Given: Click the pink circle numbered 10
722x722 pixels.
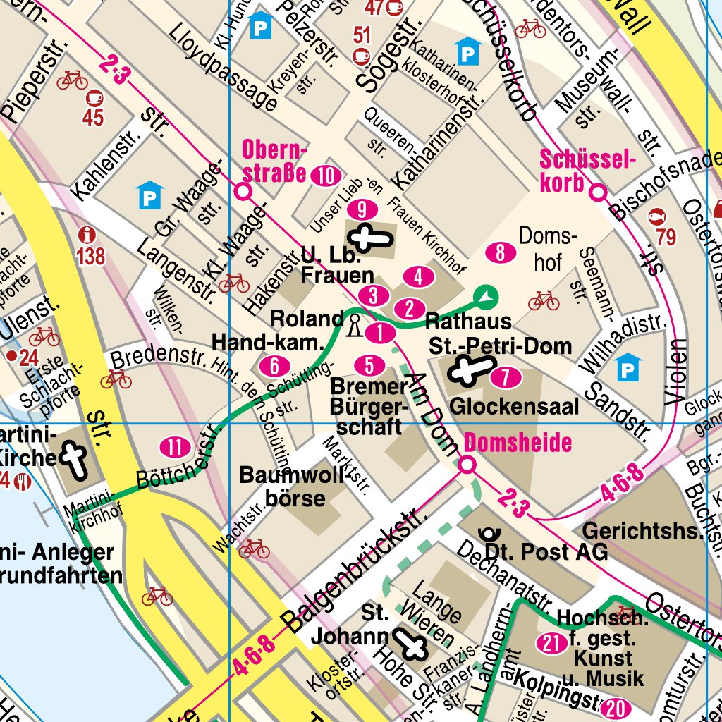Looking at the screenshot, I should coord(325,176).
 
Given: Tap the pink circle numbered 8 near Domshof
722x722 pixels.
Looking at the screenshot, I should coord(500,252).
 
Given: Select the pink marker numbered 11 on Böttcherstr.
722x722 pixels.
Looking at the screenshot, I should coord(175,446).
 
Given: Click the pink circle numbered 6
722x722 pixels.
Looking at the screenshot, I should coord(274,366).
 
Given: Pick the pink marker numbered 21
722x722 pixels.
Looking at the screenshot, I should coord(551,642).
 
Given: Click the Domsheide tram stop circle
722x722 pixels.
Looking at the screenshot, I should coord(467,465).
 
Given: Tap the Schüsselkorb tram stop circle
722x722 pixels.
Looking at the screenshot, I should coord(599,192).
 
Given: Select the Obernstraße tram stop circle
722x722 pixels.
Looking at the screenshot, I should coord(243,191).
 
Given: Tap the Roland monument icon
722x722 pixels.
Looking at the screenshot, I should coord(354,325).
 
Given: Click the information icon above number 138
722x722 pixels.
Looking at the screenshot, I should coord(87,234).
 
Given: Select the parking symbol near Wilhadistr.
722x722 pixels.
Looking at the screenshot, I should coord(628,367).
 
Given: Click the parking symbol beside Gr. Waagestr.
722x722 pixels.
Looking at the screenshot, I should coord(149,195).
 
